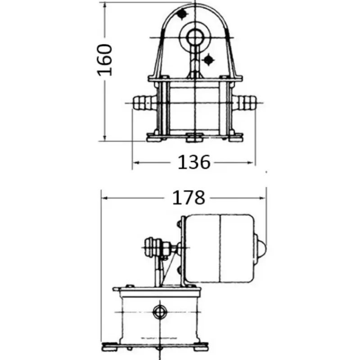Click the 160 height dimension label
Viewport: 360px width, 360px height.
click(105, 60)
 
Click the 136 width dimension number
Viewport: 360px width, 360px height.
click(194, 162)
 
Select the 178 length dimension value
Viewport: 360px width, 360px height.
click(188, 198)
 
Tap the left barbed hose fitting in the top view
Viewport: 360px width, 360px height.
click(144, 103)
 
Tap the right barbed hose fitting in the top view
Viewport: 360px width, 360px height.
click(244, 103)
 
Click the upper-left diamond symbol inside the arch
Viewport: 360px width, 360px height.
click(182, 14)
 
